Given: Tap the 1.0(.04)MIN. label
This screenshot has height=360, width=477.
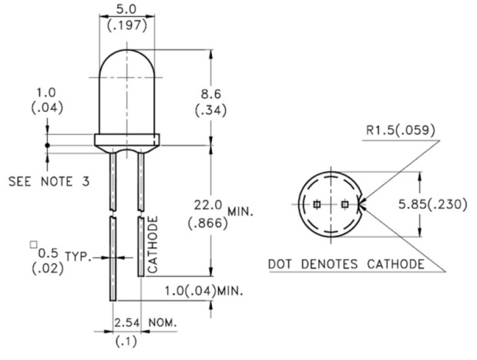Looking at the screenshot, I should tap(204, 291).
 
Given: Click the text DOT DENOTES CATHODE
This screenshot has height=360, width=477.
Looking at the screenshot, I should tap(346, 264).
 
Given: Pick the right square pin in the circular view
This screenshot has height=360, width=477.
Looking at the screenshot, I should tap(344, 204).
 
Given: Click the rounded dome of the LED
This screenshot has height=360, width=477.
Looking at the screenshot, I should tap(127, 85).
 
